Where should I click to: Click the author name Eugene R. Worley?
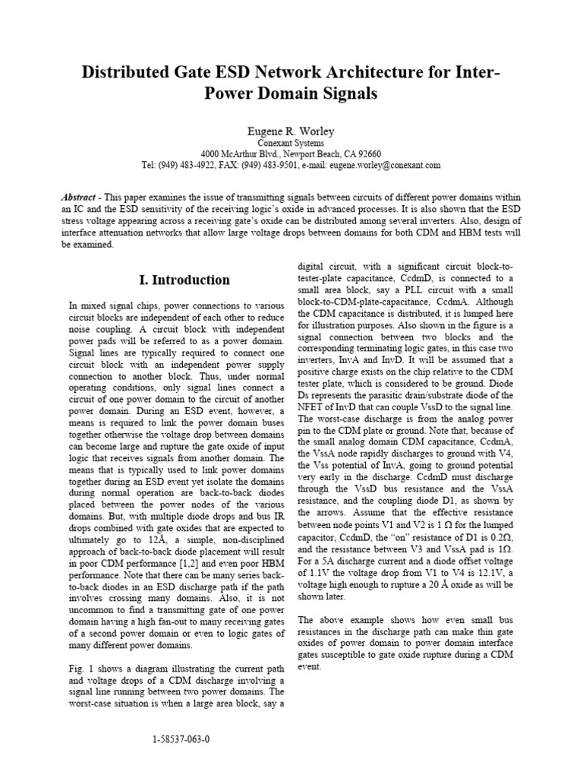[291, 131]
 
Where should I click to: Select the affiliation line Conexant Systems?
[291, 143]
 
